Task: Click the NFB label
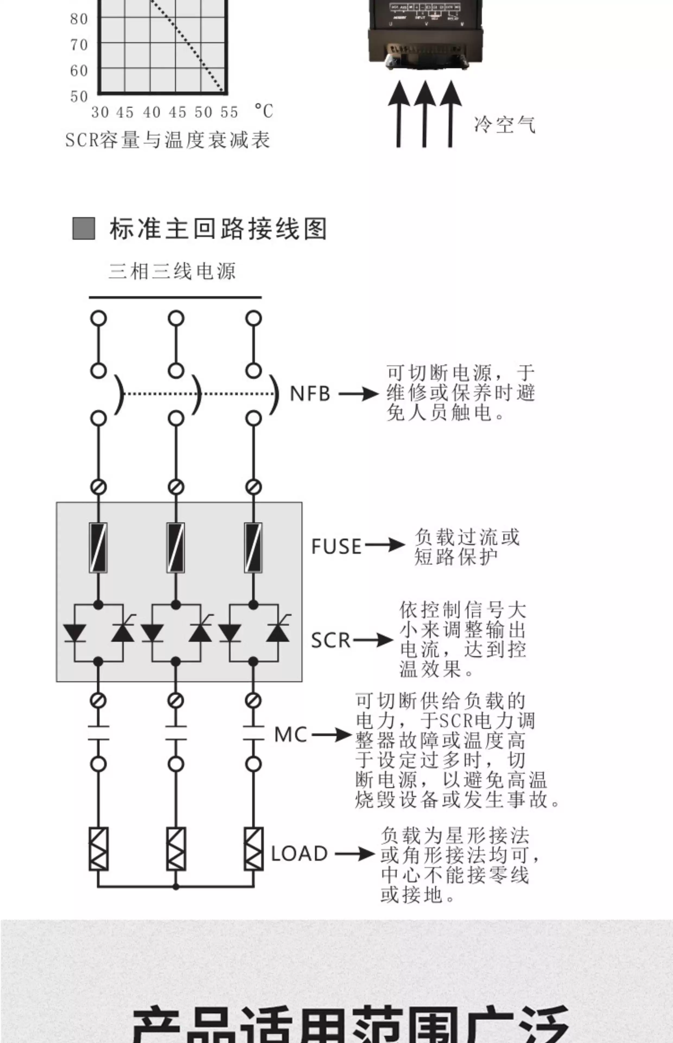click(310, 394)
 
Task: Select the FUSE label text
click(336, 547)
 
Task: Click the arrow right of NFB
click(358, 394)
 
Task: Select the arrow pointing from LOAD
click(355, 854)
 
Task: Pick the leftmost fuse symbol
click(98, 548)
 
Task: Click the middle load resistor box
click(176, 849)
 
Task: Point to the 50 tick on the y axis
click(79, 96)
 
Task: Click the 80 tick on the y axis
click(79, 19)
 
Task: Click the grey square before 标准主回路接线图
click(84, 228)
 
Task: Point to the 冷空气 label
click(505, 125)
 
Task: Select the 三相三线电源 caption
click(172, 271)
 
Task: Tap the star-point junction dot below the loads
click(176, 887)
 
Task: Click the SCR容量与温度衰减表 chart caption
click(168, 140)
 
